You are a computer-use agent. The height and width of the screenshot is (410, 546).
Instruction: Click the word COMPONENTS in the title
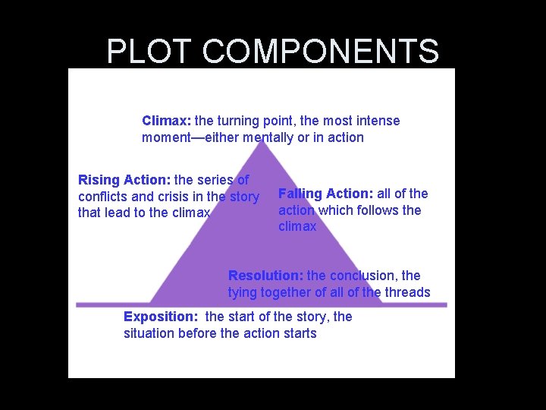[x=321, y=52]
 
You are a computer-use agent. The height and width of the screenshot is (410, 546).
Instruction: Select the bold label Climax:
[x=167, y=121]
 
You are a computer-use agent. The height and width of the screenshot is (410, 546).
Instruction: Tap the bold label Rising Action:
[x=124, y=180]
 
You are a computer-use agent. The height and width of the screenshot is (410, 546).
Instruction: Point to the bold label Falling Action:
[x=326, y=194]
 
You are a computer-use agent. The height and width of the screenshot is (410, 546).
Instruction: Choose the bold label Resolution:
[x=265, y=276]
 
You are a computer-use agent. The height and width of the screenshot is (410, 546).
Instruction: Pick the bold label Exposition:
[x=161, y=317]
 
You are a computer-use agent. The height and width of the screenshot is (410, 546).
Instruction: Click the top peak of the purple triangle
[x=263, y=142]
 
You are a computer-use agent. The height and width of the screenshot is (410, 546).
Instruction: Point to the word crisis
[x=178, y=197]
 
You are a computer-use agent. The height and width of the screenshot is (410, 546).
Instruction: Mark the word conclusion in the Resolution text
[x=362, y=276]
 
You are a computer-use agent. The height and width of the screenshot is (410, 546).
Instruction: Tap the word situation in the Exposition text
[x=149, y=333]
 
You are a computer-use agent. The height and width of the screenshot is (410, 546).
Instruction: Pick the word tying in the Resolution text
[x=243, y=293]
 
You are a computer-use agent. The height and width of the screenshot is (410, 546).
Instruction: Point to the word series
[x=215, y=180]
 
